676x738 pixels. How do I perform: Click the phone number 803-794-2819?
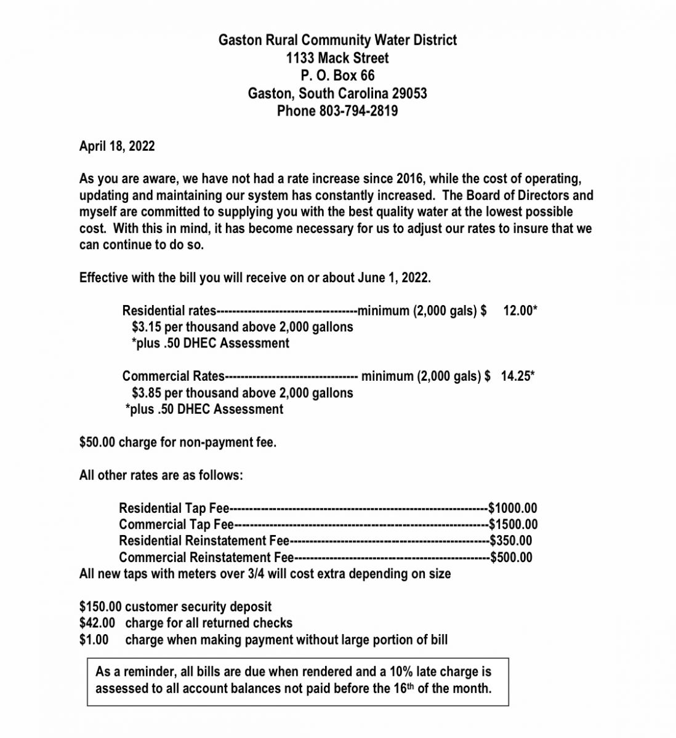pyautogui.click(x=358, y=111)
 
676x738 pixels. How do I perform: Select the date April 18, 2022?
pyautogui.click(x=117, y=146)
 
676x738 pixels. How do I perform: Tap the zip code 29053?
pyautogui.click(x=409, y=93)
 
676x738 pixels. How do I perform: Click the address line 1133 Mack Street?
pyautogui.click(x=337, y=58)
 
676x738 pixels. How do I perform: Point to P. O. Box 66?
pyautogui.click(x=337, y=76)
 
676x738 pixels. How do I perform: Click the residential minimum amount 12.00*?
pyautogui.click(x=520, y=311)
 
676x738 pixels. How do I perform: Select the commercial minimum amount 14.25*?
pyautogui.click(x=517, y=376)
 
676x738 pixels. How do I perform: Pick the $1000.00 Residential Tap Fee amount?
pyautogui.click(x=512, y=509)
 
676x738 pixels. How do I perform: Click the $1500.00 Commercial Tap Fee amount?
pyautogui.click(x=513, y=525)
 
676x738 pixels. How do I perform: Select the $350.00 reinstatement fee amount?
pyautogui.click(x=510, y=541)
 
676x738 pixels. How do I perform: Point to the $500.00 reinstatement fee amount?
pyautogui.click(x=511, y=558)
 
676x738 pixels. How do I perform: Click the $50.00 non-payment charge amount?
pyautogui.click(x=97, y=443)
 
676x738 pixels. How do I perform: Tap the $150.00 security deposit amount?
pyautogui.click(x=100, y=607)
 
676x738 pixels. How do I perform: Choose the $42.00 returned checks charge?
pyautogui.click(x=97, y=623)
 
